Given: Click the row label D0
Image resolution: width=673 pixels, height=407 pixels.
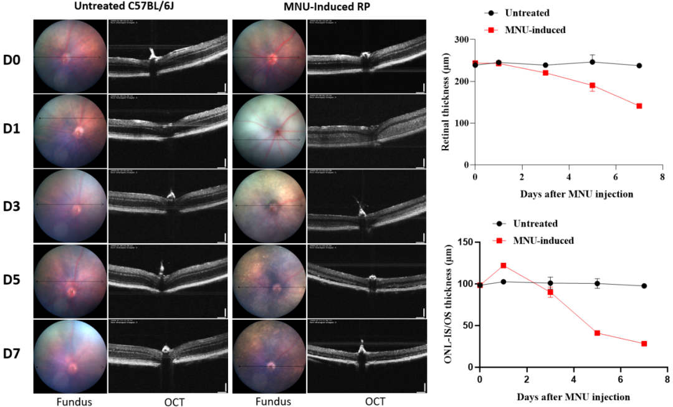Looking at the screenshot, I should tap(12, 60).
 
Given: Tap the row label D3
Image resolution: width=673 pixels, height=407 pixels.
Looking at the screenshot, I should tap(12, 204).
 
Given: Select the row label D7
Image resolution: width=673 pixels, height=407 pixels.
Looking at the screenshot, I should tap(12, 354).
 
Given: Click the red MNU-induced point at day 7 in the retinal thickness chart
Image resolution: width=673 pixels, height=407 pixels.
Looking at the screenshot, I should tap(639, 106).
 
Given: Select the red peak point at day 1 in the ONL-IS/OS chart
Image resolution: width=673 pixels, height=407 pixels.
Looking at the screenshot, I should tap(504, 266).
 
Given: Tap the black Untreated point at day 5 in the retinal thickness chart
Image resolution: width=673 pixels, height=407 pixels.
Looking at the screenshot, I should tap(592, 62).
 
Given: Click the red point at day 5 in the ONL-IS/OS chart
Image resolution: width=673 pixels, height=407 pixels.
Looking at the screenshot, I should tap(597, 333).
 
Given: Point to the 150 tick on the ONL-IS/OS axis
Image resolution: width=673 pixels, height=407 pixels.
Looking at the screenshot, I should tap(464, 242).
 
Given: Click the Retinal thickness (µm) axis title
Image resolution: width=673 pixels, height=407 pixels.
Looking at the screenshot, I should tap(446, 103).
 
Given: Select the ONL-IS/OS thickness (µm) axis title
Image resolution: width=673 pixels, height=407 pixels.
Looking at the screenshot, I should tap(446, 305).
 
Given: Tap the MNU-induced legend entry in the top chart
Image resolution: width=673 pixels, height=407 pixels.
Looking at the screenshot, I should tap(535, 29).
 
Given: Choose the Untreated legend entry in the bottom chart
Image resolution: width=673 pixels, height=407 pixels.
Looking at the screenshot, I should tap(535, 223).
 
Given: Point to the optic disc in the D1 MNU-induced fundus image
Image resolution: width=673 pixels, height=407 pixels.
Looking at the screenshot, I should tap(275, 133).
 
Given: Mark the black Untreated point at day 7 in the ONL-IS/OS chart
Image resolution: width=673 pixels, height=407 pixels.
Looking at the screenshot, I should tap(644, 285).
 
